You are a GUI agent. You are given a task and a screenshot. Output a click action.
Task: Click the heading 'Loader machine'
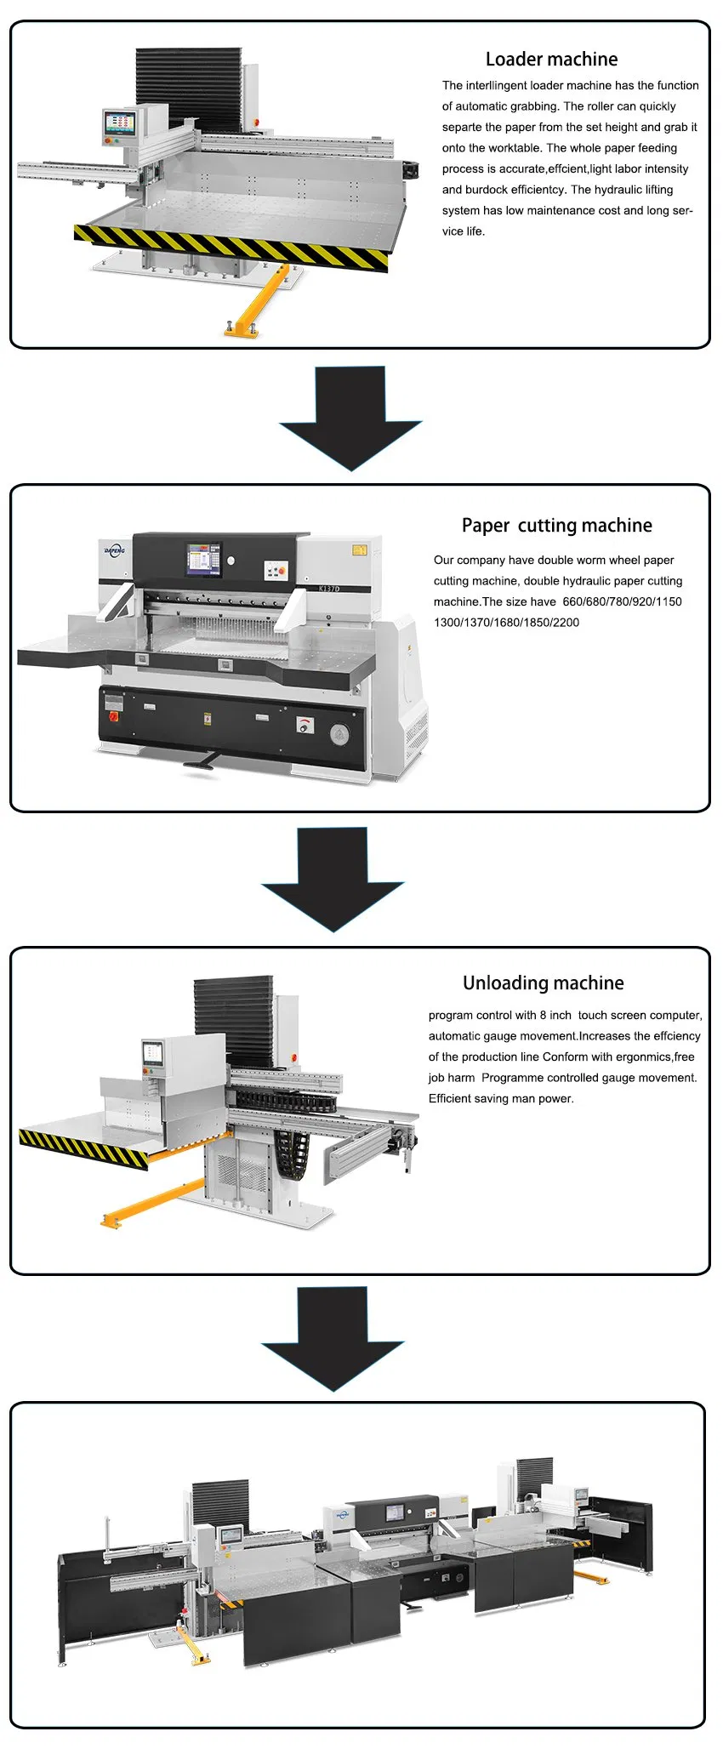(551, 60)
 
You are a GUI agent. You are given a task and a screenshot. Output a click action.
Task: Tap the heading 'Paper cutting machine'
(556, 526)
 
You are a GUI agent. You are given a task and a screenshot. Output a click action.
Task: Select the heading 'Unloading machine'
(543, 983)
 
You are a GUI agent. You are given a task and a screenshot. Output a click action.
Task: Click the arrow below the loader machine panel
(350, 418)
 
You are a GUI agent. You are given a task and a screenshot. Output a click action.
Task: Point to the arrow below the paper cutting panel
(333, 879)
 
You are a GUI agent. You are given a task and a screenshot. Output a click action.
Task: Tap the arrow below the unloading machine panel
(333, 1338)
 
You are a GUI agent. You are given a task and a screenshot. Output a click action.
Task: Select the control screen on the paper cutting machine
(203, 558)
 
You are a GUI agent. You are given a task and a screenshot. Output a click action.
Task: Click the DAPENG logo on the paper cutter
(114, 550)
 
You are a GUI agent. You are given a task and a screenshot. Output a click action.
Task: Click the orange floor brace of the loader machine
(258, 302)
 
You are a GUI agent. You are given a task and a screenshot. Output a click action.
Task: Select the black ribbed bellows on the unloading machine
(233, 1021)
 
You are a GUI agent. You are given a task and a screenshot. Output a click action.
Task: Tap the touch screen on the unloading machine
(151, 1052)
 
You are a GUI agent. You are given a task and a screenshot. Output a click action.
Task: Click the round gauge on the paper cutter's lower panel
(339, 735)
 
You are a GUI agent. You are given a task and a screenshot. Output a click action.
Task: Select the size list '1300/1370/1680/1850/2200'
(507, 623)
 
